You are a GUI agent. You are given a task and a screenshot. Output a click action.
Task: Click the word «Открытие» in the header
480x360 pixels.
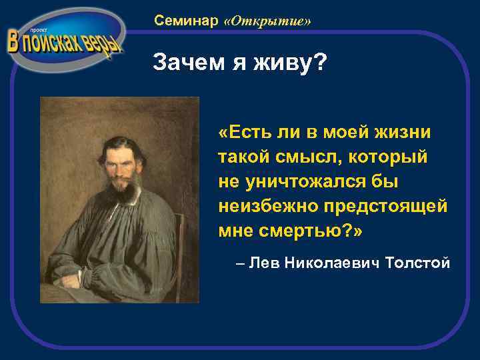(268, 22)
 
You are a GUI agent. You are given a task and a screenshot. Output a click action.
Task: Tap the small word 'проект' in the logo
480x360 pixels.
(29, 31)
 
